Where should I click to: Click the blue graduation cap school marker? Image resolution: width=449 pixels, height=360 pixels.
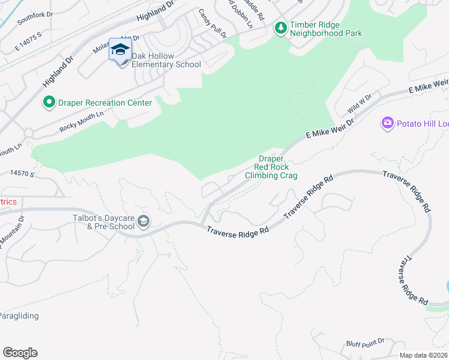pyautogui.click(x=120, y=49)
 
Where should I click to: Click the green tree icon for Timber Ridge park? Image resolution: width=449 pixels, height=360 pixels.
pyautogui.click(x=280, y=28)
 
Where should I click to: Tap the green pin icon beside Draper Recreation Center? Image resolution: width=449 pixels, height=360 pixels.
pyautogui.click(x=49, y=103)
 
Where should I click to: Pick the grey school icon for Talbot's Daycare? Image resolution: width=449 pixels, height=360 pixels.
pyautogui.click(x=143, y=222)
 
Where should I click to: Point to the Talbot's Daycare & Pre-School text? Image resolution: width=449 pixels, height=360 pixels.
pyautogui.click(x=103, y=222)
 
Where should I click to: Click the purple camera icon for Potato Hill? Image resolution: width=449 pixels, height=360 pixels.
pyautogui.click(x=387, y=123)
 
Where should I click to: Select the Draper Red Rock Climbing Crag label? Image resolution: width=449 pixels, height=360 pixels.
pyautogui.click(x=271, y=167)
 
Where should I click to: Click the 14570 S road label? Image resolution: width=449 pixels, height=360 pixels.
pyautogui.click(x=22, y=173)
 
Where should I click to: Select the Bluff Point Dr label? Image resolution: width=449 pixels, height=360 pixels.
pyautogui.click(x=365, y=342)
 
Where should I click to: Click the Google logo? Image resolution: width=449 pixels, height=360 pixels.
pyautogui.click(x=20, y=353)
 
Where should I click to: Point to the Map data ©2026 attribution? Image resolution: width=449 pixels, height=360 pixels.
pyautogui.click(x=423, y=355)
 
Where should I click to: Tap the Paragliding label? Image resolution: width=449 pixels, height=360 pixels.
pyautogui.click(x=19, y=316)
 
